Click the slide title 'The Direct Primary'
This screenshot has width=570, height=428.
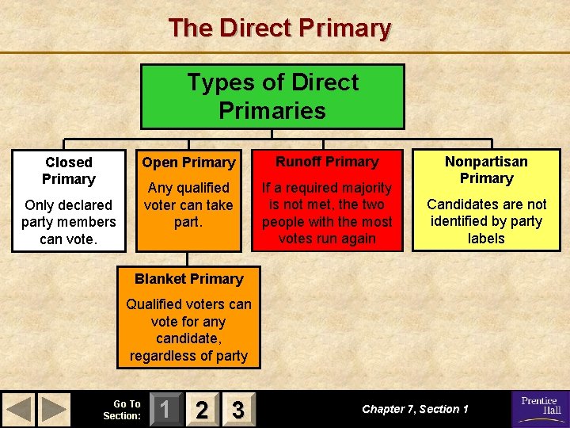279,29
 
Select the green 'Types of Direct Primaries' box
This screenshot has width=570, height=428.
272,96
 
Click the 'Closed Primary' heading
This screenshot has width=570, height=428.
69,170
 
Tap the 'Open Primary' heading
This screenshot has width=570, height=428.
188,162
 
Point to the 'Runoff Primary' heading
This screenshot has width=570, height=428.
328,162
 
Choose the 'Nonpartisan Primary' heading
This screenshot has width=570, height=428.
486,170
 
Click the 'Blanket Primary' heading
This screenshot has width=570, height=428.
188,279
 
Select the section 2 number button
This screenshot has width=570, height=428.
202,410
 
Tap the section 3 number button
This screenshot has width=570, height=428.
237,410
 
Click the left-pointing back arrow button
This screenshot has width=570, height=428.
19,410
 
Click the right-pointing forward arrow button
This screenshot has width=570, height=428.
54,410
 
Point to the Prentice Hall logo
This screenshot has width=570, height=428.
540,408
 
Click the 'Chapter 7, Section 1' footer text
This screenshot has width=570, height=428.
415,409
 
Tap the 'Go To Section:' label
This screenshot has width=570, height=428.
123,410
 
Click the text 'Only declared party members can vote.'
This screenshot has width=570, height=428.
69,222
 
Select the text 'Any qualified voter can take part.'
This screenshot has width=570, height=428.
188,204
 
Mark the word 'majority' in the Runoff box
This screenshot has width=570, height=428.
364,188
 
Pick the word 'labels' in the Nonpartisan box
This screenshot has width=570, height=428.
486,239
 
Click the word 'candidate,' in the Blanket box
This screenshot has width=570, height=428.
188,338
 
